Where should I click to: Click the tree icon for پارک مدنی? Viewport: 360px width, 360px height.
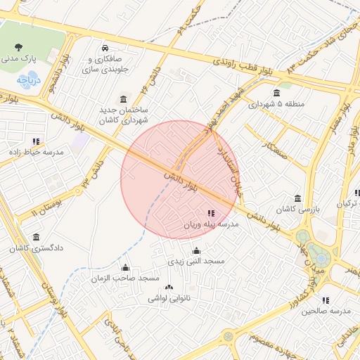[18, 48]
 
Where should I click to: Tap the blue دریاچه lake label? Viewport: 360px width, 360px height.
[29, 80]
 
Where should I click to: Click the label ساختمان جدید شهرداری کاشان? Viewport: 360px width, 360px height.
[126, 115]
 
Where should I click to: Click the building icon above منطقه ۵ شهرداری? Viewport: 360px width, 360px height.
[276, 93]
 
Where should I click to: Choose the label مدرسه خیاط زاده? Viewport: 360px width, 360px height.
[35, 152]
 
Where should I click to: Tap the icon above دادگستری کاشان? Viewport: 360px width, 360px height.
[37, 238]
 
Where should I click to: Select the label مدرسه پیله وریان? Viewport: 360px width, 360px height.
[211, 224]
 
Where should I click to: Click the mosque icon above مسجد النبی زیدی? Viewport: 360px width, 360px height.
[195, 250]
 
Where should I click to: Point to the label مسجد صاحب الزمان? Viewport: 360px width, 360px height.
[125, 278]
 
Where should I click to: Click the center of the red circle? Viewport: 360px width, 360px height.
[180, 180]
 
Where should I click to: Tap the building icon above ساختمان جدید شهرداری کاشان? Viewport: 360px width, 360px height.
[124, 98]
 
